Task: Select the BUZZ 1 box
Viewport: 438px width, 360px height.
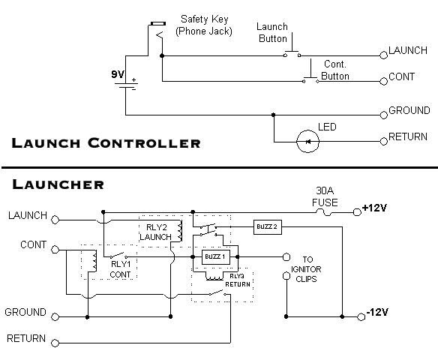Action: (x=214, y=257)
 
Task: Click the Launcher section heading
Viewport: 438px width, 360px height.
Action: (x=57, y=184)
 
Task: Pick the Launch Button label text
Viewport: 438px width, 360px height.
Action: (x=272, y=32)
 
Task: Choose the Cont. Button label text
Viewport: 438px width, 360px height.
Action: (x=336, y=70)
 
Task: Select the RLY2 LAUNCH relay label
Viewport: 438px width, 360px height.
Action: (x=157, y=232)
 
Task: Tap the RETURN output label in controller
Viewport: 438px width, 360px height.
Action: (x=408, y=139)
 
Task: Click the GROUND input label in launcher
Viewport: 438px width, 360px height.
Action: (x=26, y=311)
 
